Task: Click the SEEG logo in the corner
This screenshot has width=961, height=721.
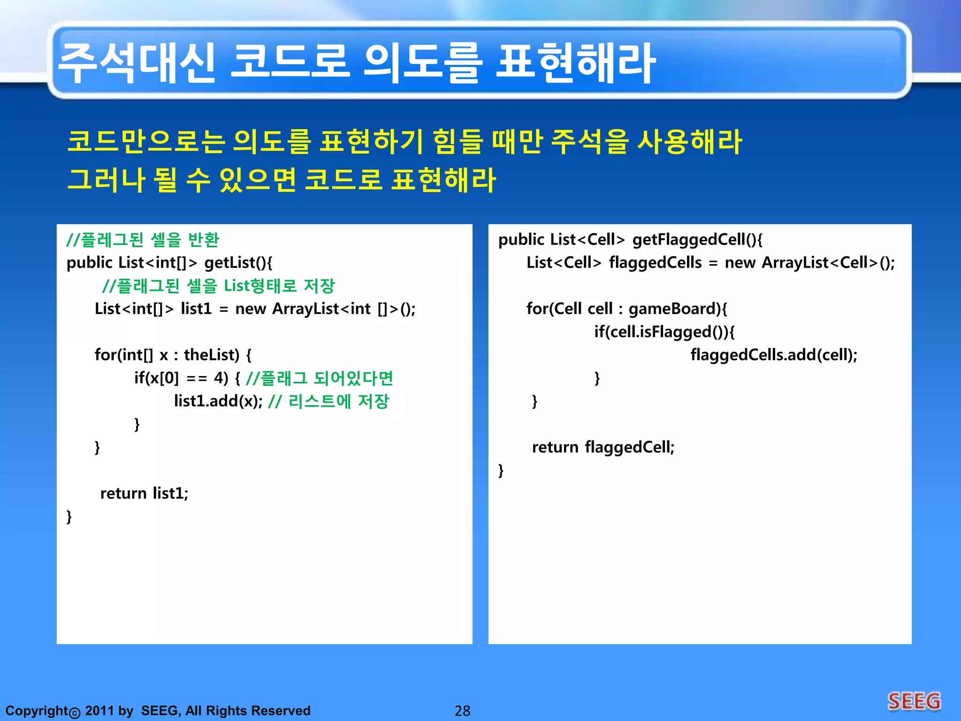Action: point(914,701)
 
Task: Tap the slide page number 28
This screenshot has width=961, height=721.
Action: point(462,711)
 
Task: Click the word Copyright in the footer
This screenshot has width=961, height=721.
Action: point(37,711)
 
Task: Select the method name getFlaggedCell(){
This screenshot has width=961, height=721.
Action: point(697,239)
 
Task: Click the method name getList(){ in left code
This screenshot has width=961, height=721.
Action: point(238,262)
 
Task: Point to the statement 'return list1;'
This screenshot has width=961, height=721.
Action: point(144,493)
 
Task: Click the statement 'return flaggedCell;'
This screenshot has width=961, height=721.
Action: point(603,447)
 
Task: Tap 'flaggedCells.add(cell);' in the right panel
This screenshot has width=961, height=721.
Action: point(774,355)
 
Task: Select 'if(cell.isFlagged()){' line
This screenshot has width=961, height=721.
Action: point(664,332)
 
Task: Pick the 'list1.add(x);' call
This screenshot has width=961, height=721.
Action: point(218,401)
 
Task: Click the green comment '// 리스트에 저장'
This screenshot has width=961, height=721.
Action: point(328,401)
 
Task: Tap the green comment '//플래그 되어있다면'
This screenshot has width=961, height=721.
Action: point(319,378)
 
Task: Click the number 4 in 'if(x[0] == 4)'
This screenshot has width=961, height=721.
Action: point(219,378)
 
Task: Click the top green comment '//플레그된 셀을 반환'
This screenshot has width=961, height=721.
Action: point(143,239)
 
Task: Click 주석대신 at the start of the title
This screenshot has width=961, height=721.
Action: point(136,63)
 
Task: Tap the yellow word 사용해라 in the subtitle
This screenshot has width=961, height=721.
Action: point(689,141)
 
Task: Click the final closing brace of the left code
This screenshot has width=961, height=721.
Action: point(69,516)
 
